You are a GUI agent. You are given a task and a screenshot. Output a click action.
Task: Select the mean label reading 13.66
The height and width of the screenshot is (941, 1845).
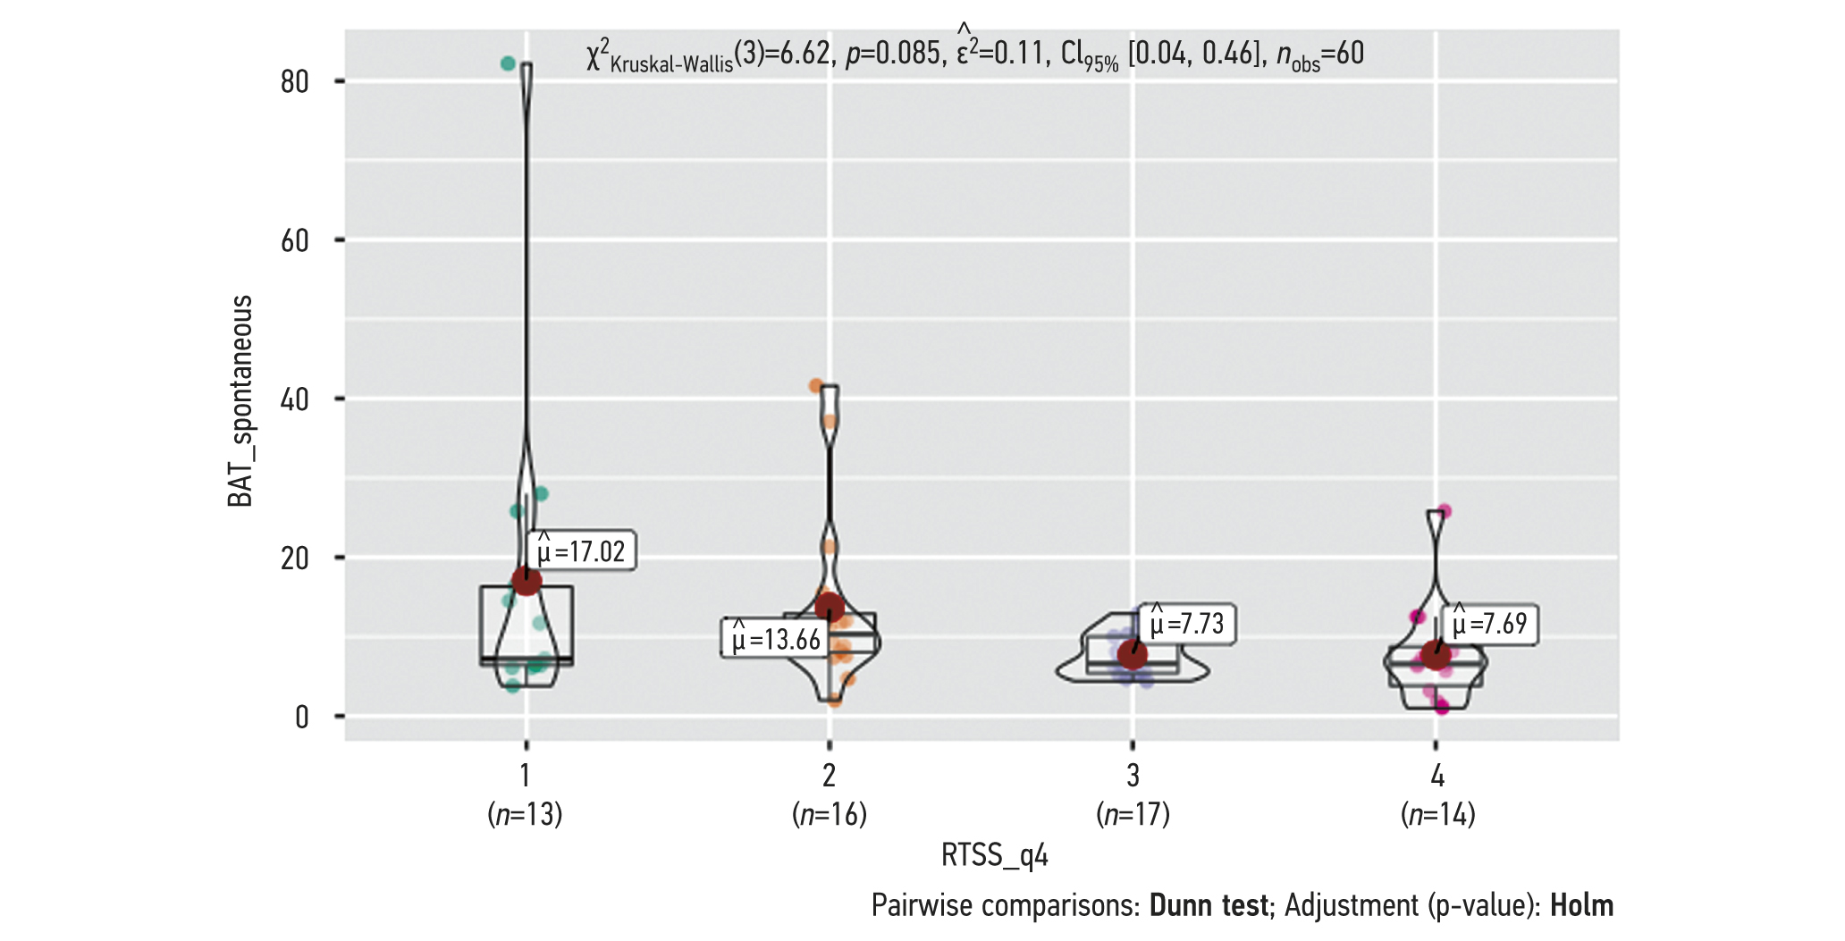[774, 639]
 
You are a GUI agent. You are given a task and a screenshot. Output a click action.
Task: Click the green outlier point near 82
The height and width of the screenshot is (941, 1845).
[508, 63]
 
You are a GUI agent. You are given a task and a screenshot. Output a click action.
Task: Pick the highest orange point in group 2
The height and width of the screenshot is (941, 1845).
[816, 386]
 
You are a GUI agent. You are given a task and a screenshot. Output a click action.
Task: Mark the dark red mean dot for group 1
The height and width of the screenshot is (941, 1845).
[527, 581]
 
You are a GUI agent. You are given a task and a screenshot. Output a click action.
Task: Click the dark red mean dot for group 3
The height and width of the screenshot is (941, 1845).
[1133, 655]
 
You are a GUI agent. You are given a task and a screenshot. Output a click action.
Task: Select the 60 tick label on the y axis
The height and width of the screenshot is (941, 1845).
[295, 240]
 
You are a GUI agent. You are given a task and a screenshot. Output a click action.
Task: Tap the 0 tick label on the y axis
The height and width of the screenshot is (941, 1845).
[302, 717]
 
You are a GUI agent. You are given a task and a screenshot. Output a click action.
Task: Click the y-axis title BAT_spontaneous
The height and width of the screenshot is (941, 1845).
[240, 401]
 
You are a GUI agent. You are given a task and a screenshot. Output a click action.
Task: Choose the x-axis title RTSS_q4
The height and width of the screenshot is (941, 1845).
[994, 855]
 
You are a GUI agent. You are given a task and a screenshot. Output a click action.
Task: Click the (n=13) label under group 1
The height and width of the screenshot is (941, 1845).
[526, 814]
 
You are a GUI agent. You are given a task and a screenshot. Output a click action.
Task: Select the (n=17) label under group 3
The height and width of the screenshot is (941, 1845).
[1133, 814]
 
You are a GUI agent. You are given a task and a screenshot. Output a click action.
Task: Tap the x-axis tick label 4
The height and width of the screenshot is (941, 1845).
[1436, 775]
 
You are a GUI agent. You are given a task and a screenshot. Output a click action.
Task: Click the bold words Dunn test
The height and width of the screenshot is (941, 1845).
[1209, 905]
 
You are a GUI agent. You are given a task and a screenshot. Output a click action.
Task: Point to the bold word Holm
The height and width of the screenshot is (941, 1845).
[1581, 905]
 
